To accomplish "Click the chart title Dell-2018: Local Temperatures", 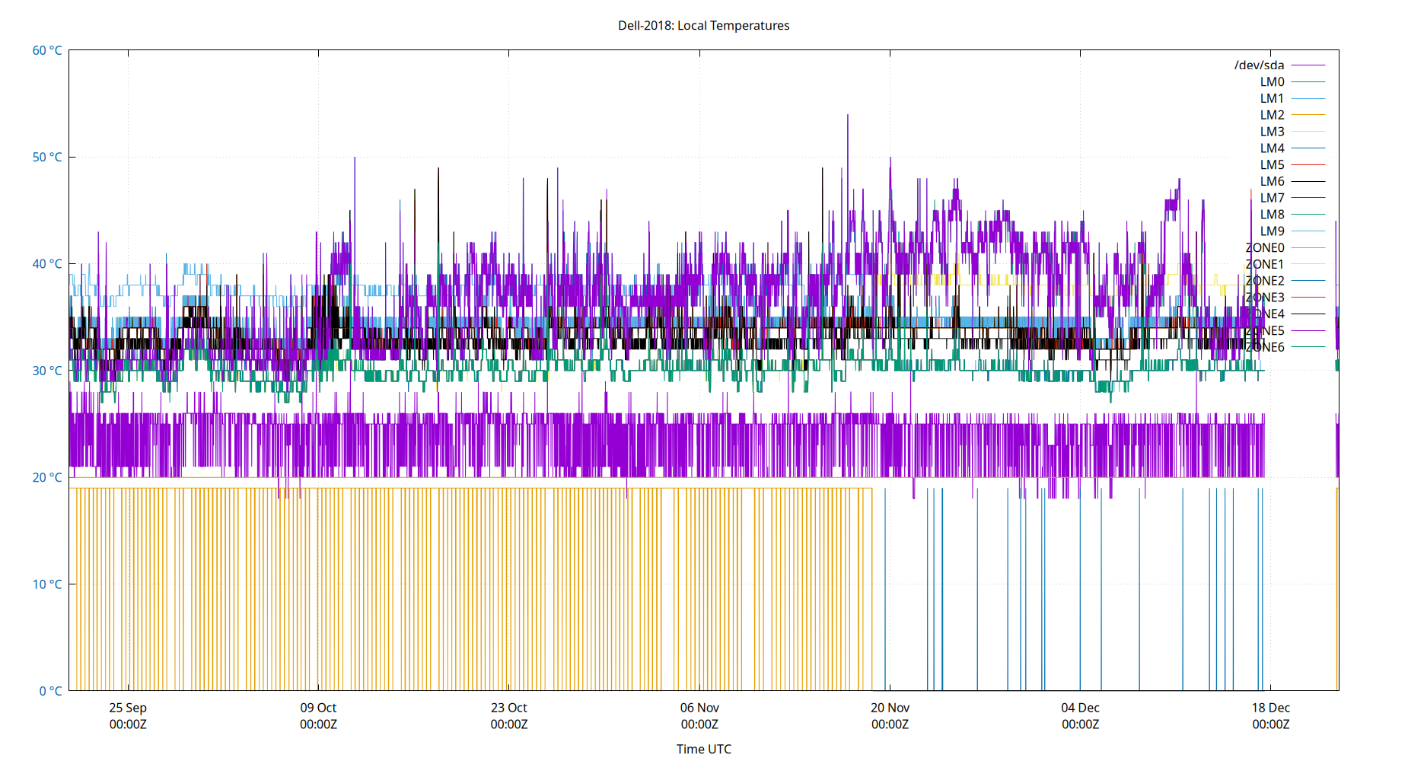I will tap(703, 25).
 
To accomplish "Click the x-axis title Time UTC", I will tap(703, 749).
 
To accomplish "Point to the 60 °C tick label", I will tap(47, 50).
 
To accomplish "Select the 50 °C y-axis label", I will tap(47, 157).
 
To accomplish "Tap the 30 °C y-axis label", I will tap(47, 371).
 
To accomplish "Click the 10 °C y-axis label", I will tap(47, 584).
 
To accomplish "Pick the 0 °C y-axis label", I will tap(50, 691).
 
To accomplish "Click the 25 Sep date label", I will tap(128, 708).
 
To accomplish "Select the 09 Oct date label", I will tap(318, 708).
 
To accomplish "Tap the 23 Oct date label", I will tap(508, 708).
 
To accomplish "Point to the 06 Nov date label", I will tap(699, 708).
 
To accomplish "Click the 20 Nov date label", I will tap(890, 708).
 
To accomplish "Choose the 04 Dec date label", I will tap(1080, 708).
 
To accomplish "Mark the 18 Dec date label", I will tap(1270, 708).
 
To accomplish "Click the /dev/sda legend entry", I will tap(1259, 65).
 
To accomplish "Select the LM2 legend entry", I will tap(1272, 115).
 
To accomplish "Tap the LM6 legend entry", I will tap(1272, 181).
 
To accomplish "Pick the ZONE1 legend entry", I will tap(1264, 264).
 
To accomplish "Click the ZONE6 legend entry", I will tap(1264, 347).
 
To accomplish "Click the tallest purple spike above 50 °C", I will tap(848, 116).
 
